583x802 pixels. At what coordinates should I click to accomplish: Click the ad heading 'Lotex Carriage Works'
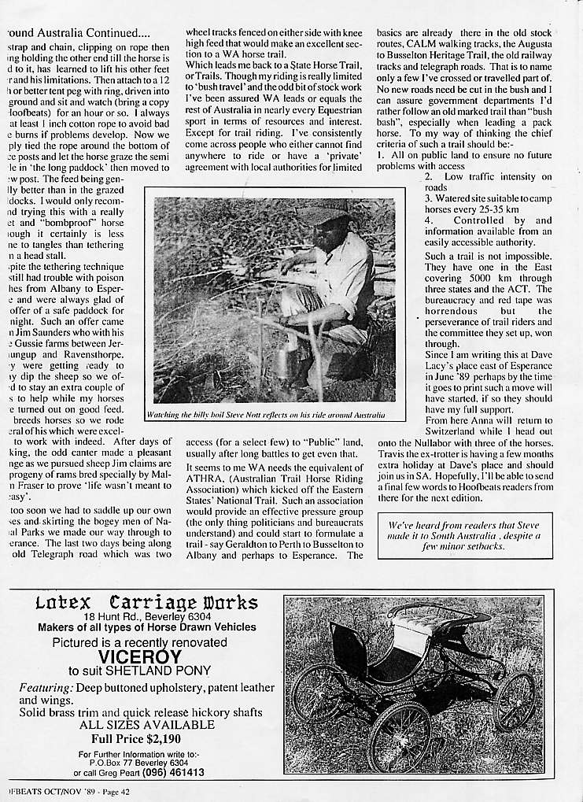point(146,604)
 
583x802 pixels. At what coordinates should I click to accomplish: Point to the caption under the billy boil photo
point(266,414)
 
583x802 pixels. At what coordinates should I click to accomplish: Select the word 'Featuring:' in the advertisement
point(46,688)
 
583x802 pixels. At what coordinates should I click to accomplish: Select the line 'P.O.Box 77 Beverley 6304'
point(146,763)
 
